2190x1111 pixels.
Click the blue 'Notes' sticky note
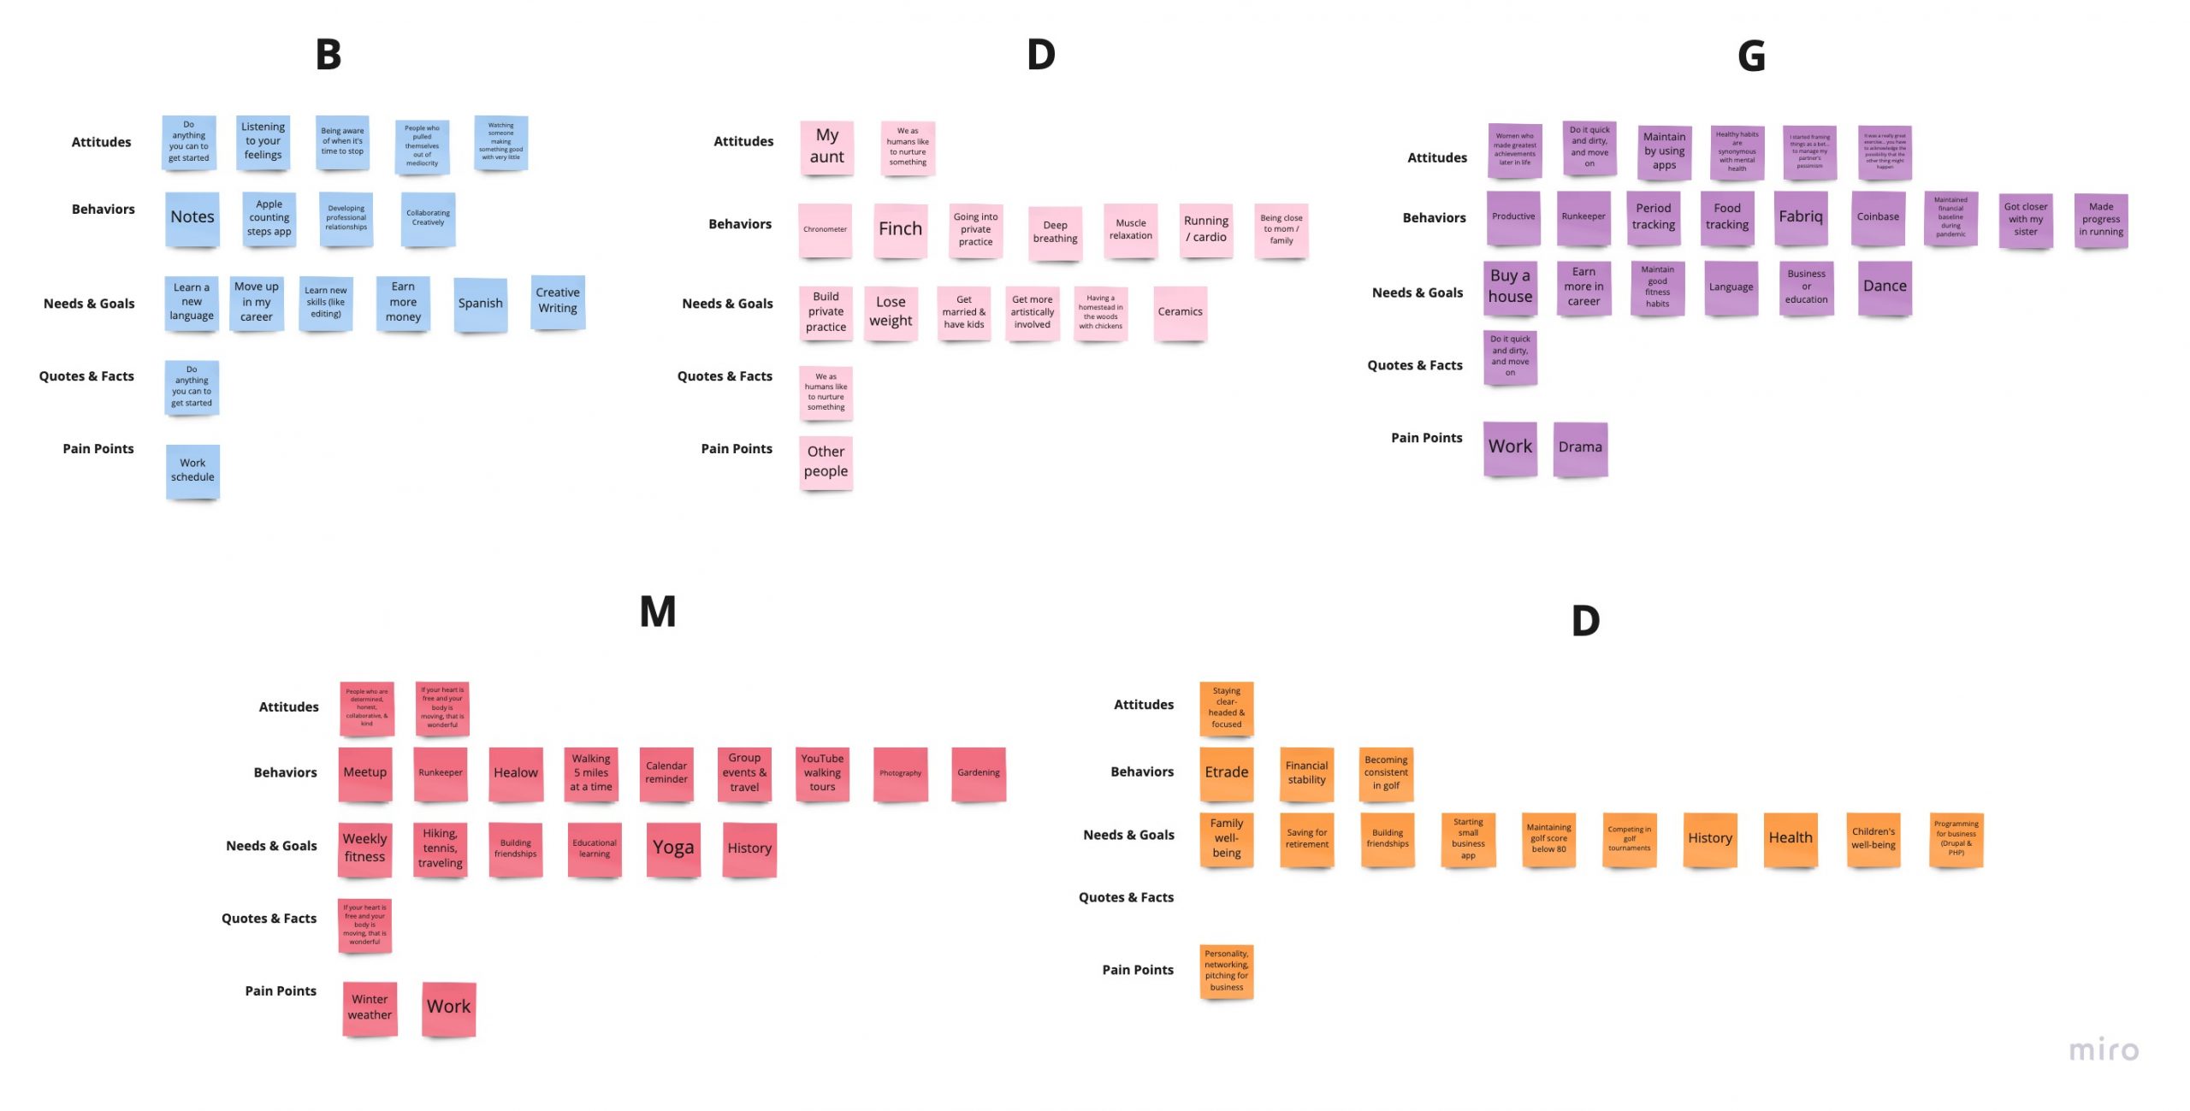(x=192, y=218)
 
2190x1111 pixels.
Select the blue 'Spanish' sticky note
(x=480, y=304)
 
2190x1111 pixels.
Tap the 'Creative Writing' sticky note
(x=558, y=301)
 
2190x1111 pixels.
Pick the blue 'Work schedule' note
(x=192, y=470)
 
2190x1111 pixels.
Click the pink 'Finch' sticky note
(x=900, y=229)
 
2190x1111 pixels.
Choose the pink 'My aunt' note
(x=826, y=146)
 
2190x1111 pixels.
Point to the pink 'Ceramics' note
(x=1180, y=312)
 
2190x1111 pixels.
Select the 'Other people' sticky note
(x=826, y=462)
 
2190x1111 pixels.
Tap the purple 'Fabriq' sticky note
(x=1801, y=217)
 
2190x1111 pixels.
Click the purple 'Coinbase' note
(x=1878, y=217)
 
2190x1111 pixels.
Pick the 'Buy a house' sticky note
(x=1510, y=287)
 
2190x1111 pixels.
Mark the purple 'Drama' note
(x=1580, y=447)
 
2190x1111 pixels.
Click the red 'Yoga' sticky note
(x=673, y=848)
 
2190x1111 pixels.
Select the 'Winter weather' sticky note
(x=370, y=1008)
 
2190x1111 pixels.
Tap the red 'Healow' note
(x=516, y=773)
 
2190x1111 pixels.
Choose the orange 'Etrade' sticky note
(x=1227, y=772)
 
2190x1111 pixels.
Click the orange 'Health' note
(x=1790, y=839)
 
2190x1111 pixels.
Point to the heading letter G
(x=1751, y=56)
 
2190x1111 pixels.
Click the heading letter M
(x=658, y=612)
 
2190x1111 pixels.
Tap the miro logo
(x=2104, y=1050)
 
